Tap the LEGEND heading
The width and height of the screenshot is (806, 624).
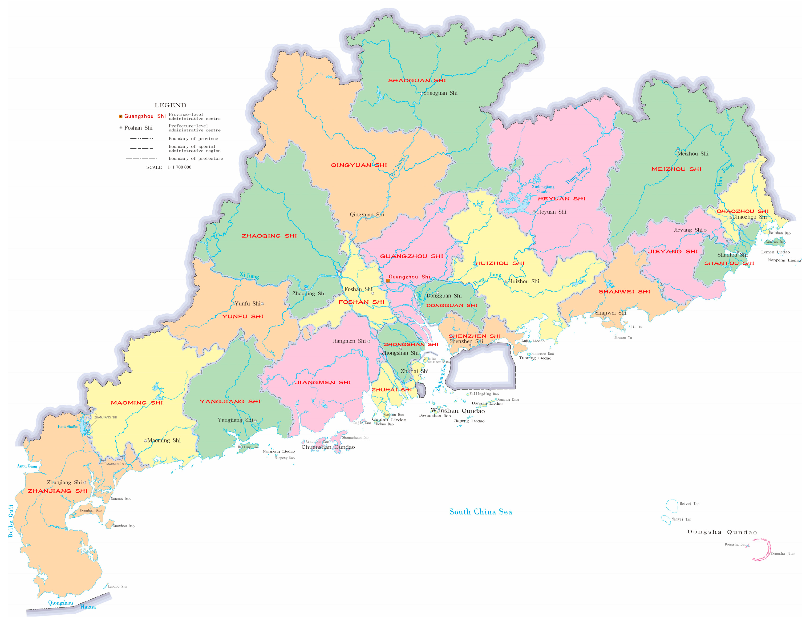click(171, 106)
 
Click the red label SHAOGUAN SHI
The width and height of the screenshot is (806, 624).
click(417, 80)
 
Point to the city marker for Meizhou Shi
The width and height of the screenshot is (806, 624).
click(678, 150)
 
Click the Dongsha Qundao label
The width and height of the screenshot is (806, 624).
click(722, 532)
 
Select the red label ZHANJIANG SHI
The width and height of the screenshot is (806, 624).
click(58, 491)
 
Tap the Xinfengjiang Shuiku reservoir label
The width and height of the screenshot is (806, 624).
click(543, 189)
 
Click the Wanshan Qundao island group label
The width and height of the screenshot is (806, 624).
click(457, 411)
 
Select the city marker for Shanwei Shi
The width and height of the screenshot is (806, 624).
click(605, 317)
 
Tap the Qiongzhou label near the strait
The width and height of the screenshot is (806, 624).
click(60, 603)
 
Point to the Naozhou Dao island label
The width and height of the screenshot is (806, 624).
click(124, 526)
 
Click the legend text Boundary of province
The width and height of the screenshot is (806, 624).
click(193, 139)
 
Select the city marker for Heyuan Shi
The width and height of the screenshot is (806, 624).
click(534, 212)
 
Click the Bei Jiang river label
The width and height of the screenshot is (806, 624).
click(398, 167)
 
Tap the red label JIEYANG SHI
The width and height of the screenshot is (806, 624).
click(673, 251)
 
